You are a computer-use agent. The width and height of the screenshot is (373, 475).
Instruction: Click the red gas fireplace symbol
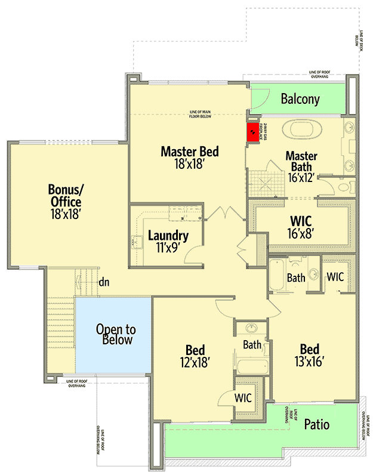pos(254,131)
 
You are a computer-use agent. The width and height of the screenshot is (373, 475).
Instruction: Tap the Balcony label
pos(300,99)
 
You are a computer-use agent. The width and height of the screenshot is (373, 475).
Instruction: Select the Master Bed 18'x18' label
pos(189,158)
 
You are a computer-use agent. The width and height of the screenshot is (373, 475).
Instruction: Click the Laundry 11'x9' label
pos(168,241)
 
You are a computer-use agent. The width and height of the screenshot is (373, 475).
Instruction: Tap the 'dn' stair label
pos(104,282)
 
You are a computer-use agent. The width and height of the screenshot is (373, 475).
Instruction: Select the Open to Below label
pos(116,335)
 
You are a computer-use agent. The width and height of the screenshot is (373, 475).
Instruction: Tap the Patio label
pos(316,425)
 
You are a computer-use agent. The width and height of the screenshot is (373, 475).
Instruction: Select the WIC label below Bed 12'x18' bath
pos(242,397)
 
